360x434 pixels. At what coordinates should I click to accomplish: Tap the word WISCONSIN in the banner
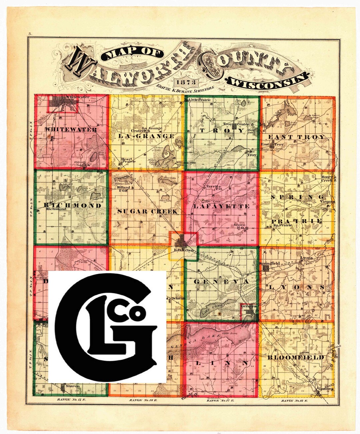coord(267,81)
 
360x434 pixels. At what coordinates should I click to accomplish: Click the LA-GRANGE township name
coord(146,136)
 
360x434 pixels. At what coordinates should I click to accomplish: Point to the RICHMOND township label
coord(72,205)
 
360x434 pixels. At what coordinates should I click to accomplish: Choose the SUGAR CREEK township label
coord(147,211)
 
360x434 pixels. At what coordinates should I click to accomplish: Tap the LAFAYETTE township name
coord(221,206)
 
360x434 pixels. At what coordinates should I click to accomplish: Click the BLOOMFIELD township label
coord(295,358)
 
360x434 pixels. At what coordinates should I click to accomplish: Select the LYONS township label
coord(296,287)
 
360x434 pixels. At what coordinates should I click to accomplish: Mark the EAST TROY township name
coord(296,137)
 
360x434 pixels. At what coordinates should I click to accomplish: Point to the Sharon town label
coord(73,386)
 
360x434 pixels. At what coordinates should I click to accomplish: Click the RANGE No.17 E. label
coord(221,400)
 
